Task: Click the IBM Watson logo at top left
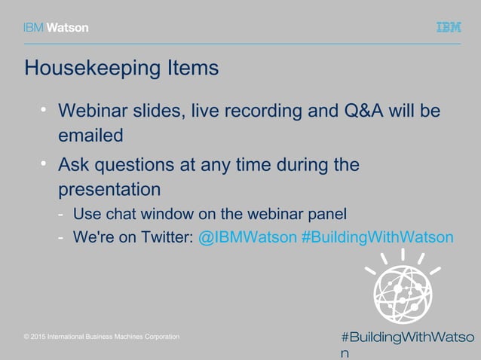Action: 56,27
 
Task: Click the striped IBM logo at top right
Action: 449,27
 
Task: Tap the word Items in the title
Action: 195,68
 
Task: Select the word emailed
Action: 90,136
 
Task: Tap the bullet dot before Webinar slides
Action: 44,111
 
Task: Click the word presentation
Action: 110,188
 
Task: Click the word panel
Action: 329,213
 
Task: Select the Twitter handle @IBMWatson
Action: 247,237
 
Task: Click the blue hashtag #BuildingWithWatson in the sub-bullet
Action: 377,237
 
